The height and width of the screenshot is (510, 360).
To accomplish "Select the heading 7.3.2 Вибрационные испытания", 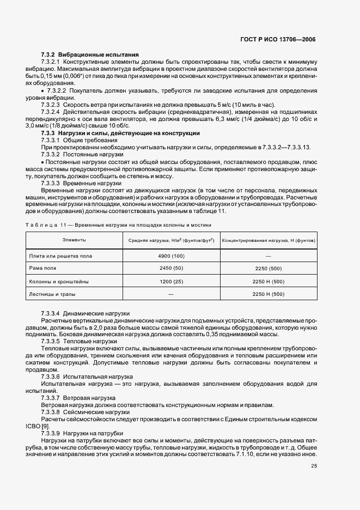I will tap(90, 55).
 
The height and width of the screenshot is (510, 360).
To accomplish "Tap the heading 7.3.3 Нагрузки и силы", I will tap(121, 133).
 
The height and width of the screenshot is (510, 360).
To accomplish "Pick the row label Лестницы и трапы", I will tap(52, 295).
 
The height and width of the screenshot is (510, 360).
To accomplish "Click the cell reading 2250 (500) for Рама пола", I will tap(268, 269).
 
